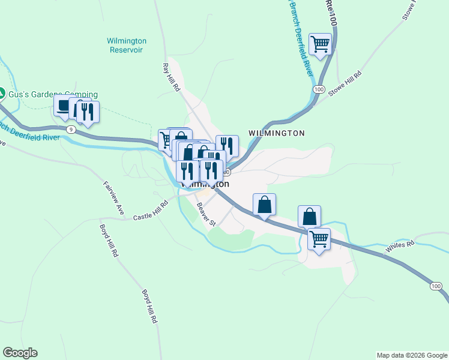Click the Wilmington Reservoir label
click(x=127, y=46)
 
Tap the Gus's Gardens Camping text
click(x=53, y=94)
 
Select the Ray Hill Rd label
click(x=172, y=77)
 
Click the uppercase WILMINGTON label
click(x=277, y=133)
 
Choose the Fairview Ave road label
click(x=113, y=198)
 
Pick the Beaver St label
click(x=206, y=214)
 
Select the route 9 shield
click(x=71, y=130)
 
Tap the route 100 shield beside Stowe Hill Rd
click(x=318, y=89)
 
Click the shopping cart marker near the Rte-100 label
click(x=321, y=44)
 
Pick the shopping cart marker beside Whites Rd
click(x=319, y=239)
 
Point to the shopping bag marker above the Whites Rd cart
click(x=309, y=216)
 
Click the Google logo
click(x=20, y=353)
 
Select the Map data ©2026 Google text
click(x=412, y=355)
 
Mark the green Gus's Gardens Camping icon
click(x=2, y=94)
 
